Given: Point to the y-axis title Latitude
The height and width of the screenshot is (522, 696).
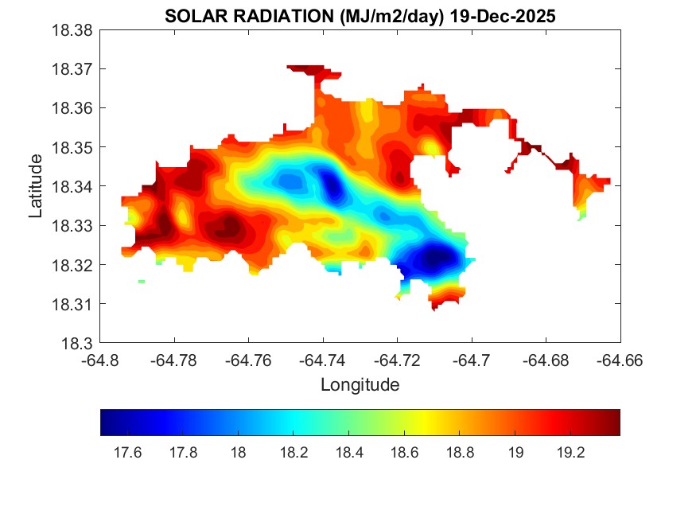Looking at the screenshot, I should click(36, 186).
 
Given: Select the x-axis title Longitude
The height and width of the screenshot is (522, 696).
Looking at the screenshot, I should click(360, 385).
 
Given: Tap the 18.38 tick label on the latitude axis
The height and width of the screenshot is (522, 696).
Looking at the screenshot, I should click(73, 30).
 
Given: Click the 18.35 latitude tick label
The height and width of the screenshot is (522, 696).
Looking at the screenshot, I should click(73, 147).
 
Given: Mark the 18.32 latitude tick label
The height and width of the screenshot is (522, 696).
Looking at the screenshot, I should click(73, 265).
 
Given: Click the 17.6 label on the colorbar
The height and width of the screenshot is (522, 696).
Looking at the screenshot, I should click(127, 453).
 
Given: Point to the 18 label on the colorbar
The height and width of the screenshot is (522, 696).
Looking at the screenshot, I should click(238, 453).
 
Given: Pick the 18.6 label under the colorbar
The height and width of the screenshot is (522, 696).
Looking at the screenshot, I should click(405, 453).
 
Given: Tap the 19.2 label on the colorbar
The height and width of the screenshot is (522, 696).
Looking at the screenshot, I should click(571, 453).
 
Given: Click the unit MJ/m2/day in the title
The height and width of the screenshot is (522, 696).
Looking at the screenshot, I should click(383, 16).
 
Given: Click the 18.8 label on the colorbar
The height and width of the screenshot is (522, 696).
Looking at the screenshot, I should click(461, 453).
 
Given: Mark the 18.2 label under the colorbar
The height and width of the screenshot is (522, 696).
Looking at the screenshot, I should click(294, 453).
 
